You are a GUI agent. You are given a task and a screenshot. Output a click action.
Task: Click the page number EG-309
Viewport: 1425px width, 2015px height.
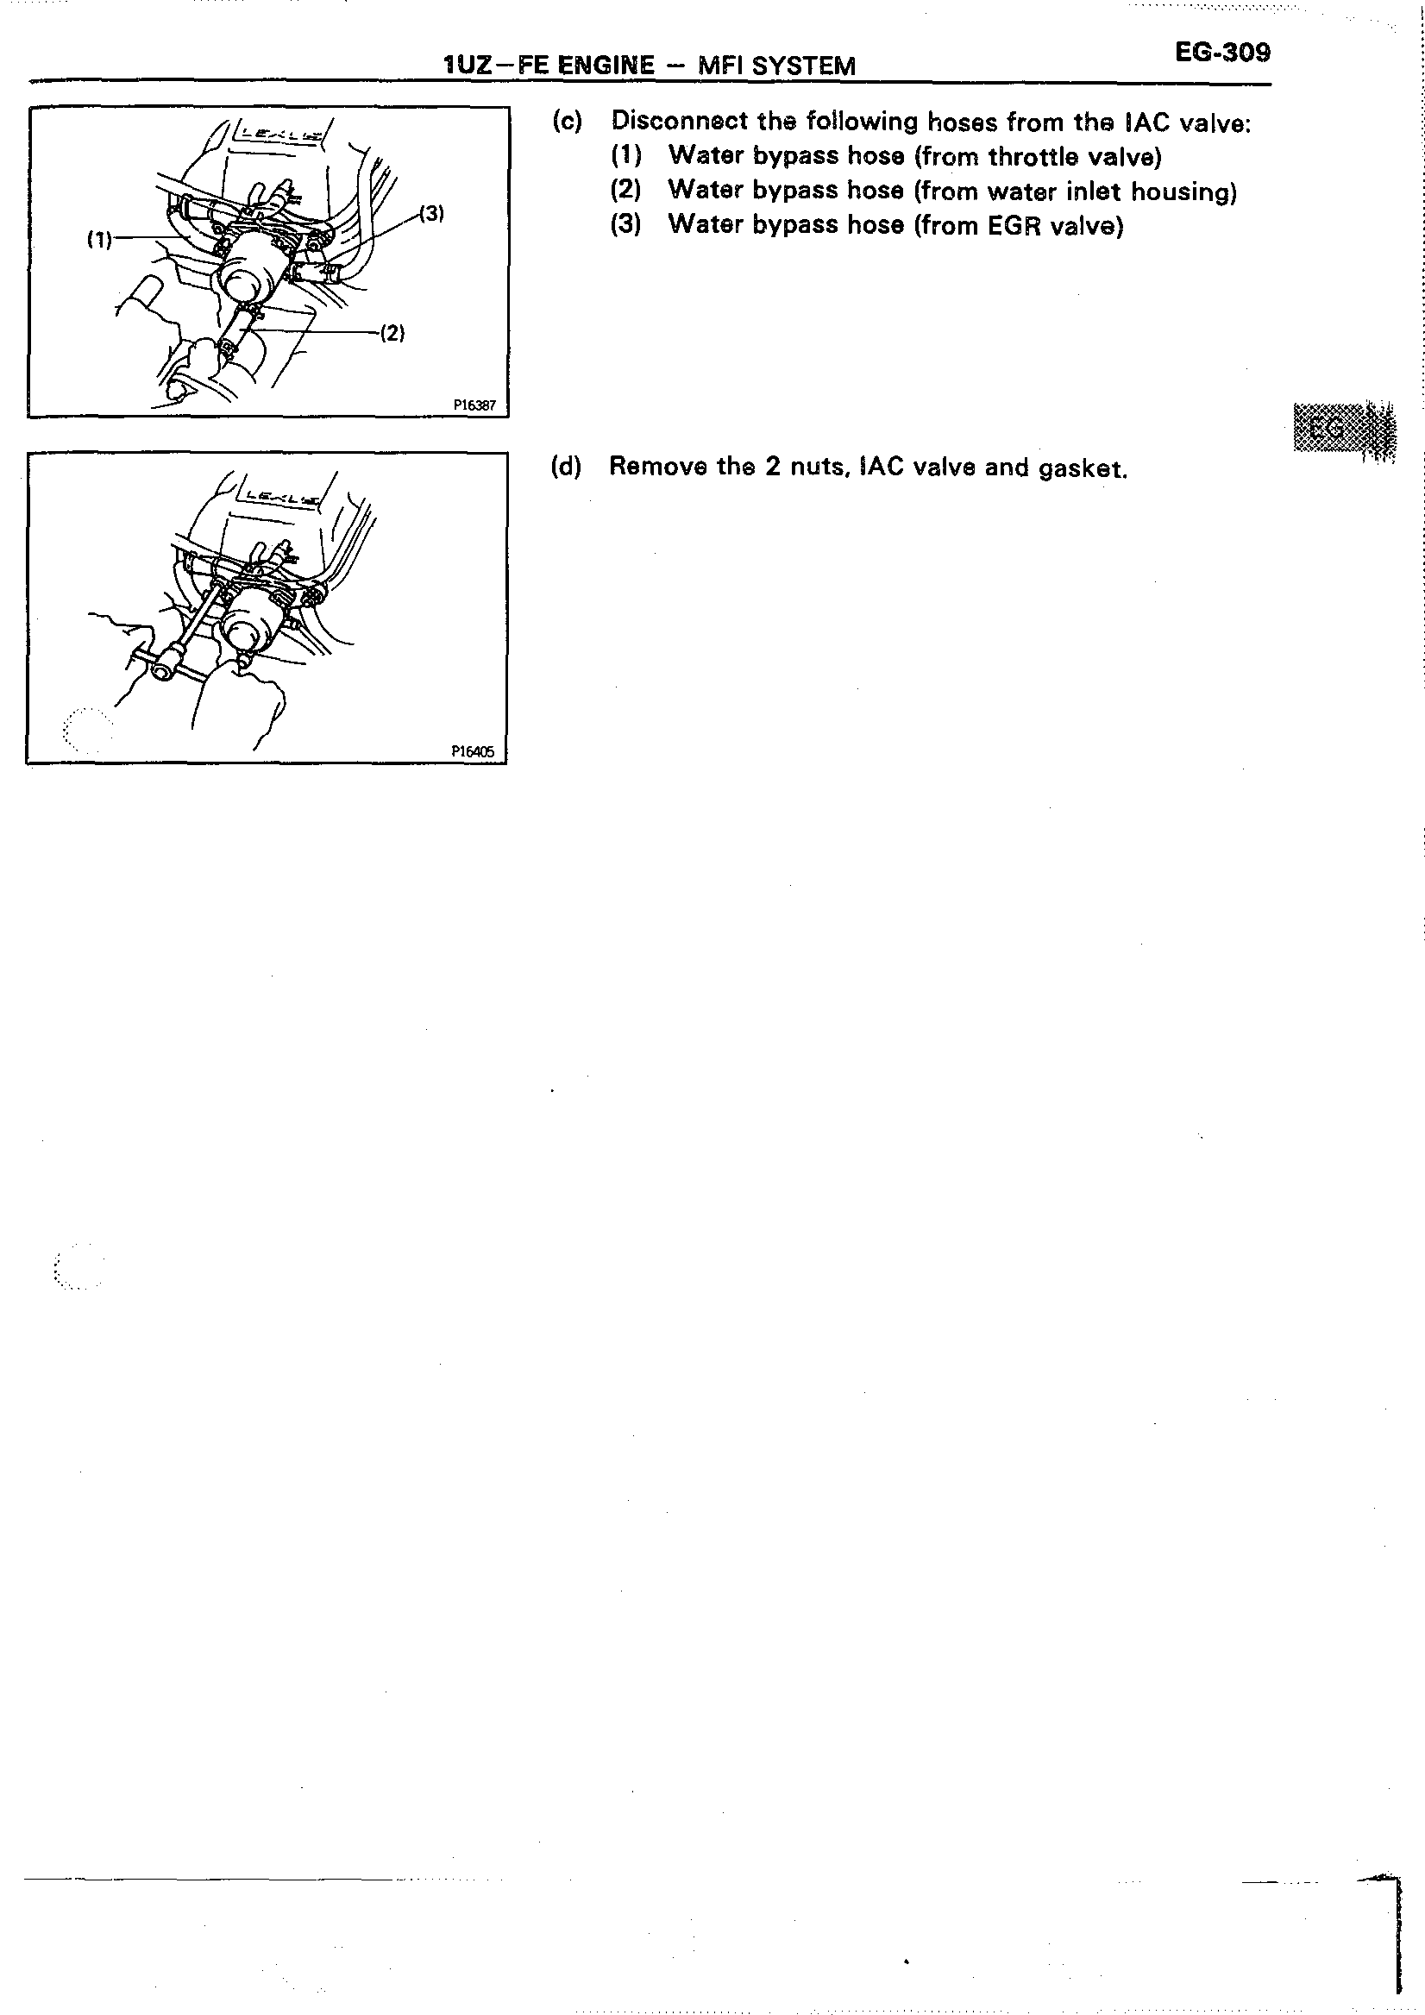coord(1222,53)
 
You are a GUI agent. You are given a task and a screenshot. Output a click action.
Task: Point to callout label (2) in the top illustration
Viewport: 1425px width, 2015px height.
coord(392,333)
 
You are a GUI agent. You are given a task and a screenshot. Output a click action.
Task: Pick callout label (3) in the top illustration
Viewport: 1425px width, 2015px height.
coord(431,212)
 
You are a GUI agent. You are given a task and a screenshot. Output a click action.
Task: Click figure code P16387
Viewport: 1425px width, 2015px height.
coord(474,405)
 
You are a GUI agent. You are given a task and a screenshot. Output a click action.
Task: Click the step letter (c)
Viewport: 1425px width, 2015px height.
coord(567,121)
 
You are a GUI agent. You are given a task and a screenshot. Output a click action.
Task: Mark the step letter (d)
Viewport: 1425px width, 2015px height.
coord(566,466)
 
